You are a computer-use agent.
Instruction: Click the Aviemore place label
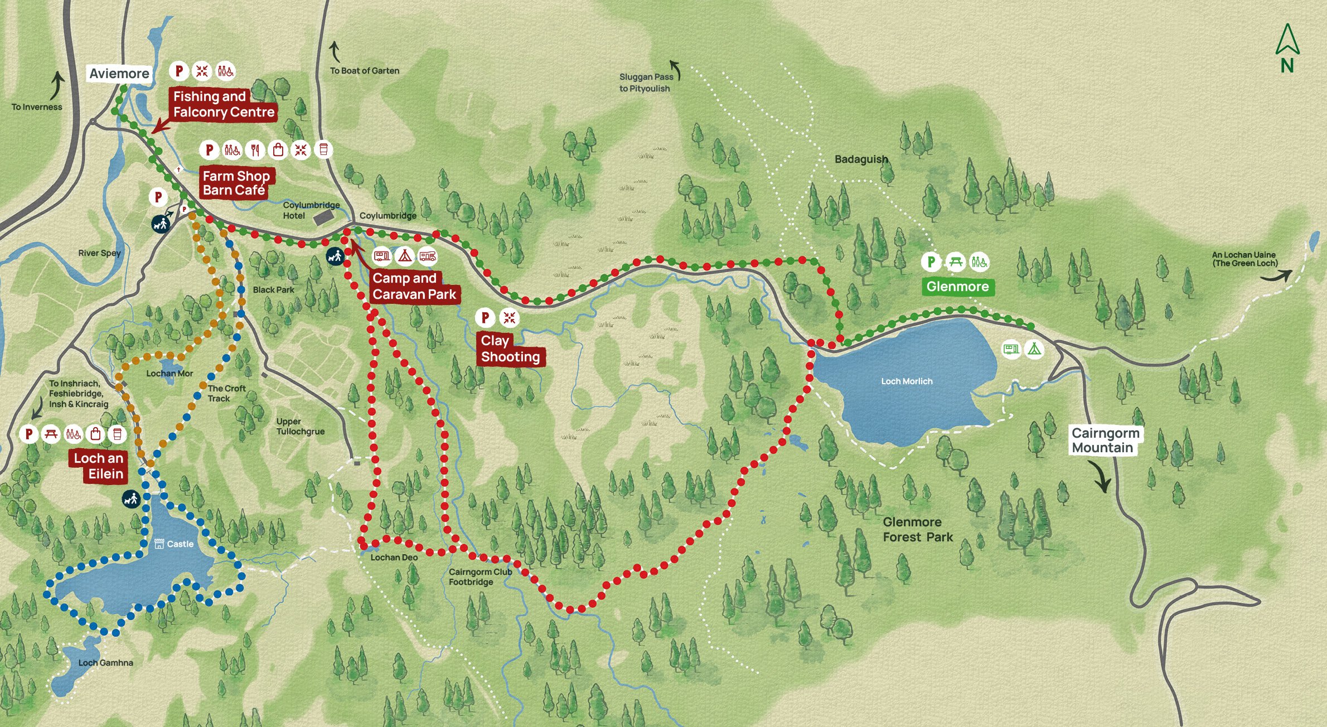[x=119, y=74]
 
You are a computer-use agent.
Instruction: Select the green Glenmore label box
[x=957, y=287]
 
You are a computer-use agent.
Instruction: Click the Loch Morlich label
[x=907, y=381]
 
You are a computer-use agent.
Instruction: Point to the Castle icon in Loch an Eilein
[x=159, y=544]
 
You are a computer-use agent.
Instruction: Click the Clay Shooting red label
[x=510, y=349]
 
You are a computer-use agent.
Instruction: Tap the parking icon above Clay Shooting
[x=485, y=318]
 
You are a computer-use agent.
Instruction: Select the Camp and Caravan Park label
[x=414, y=287]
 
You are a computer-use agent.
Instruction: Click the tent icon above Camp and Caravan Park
[x=405, y=256]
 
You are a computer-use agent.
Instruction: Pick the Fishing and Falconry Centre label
[x=223, y=104]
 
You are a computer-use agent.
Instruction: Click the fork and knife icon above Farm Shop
[x=255, y=149]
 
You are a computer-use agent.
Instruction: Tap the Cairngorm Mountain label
[x=1105, y=440]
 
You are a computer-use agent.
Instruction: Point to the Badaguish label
[x=861, y=159]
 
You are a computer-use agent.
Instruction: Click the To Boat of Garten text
[x=364, y=71]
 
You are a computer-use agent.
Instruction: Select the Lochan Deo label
[x=394, y=558]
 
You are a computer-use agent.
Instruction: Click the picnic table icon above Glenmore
[x=956, y=261]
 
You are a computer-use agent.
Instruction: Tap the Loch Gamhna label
[x=105, y=663]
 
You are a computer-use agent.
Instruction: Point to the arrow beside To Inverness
[x=57, y=85]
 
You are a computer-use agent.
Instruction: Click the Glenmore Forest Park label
[x=917, y=530]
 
